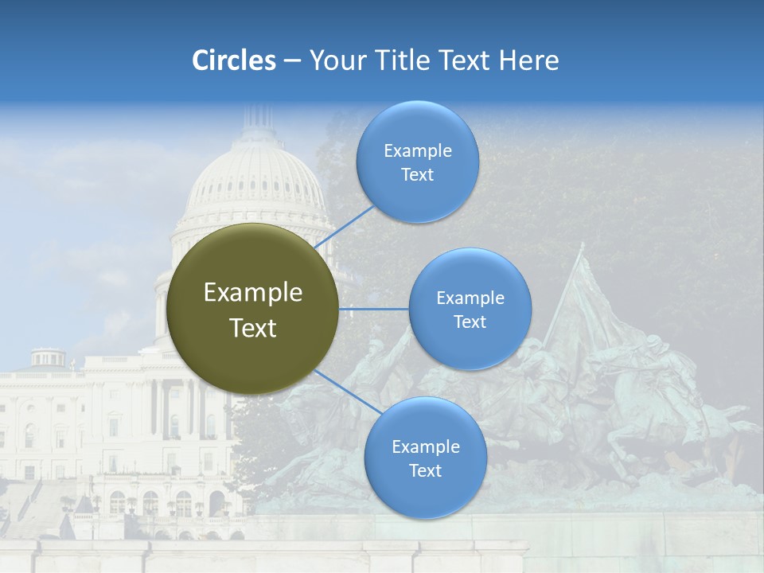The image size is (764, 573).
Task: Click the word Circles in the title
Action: click(233, 60)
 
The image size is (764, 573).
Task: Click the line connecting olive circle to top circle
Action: click(346, 227)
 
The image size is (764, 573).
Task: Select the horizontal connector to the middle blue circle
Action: click(374, 309)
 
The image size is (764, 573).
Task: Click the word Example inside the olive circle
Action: click(252, 293)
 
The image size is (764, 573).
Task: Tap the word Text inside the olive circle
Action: click(252, 328)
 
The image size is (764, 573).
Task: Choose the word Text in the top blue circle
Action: click(417, 175)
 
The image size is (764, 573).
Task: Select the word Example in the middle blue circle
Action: click(470, 298)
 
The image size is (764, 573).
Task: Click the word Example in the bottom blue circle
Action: click(425, 447)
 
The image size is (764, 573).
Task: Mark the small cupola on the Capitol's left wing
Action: click(49, 357)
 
